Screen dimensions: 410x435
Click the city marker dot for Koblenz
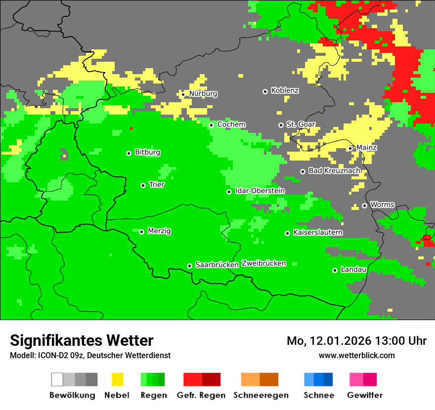[x=265, y=91]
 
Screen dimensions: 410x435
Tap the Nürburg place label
[x=203, y=94]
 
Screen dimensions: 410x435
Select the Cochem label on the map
[x=231, y=125]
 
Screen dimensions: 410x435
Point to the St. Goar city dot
[x=281, y=125]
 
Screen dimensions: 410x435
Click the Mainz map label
[x=366, y=148]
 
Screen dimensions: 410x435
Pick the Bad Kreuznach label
[x=334, y=171]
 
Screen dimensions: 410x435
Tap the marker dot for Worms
[x=364, y=205]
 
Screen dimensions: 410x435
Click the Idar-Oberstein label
[x=260, y=191]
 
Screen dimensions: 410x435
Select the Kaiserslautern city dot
[x=287, y=233]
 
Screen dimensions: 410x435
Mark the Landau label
[x=353, y=270]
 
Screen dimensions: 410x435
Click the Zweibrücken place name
[x=263, y=264]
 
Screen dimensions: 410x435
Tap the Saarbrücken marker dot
[x=189, y=266]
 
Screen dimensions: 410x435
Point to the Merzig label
[x=160, y=231]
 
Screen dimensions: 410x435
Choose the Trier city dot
[x=143, y=185]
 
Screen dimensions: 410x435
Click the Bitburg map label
[x=147, y=153]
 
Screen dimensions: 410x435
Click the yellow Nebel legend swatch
[x=117, y=379]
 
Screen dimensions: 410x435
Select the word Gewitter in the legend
[x=364, y=395]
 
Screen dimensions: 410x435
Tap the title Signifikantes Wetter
[x=82, y=340]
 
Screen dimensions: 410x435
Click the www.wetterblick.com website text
[x=356, y=356]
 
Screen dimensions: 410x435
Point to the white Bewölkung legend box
[x=57, y=379]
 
